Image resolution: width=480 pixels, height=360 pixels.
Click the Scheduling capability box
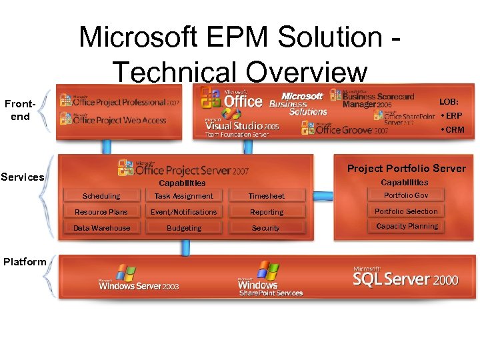pos(101,196)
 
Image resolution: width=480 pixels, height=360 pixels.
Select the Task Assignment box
pos(183,196)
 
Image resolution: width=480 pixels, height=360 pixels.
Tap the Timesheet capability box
pos(266,196)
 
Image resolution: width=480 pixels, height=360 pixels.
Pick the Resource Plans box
pos(101,212)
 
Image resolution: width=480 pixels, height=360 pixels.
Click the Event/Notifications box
pos(183,212)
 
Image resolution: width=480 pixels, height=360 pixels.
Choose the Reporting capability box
pos(266,212)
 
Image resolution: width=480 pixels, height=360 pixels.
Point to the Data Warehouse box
pos(101,228)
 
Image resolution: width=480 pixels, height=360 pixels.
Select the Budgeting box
pos(183,228)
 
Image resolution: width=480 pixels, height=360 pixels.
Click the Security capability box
pos(266,228)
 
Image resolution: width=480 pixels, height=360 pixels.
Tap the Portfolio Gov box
pos(406,195)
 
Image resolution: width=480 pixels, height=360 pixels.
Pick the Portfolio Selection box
pos(406,211)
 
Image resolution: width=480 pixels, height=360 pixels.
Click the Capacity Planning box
pos(406,227)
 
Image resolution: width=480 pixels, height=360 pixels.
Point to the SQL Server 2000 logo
pos(405,277)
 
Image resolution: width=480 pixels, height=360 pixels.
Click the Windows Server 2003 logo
pos(139,278)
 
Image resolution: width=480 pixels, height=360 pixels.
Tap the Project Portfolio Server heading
pos(406,168)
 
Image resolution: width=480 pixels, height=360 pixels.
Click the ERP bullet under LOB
pos(451,115)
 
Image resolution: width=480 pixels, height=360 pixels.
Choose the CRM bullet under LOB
pos(452,129)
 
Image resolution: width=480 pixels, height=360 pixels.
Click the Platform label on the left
pos(25,261)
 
